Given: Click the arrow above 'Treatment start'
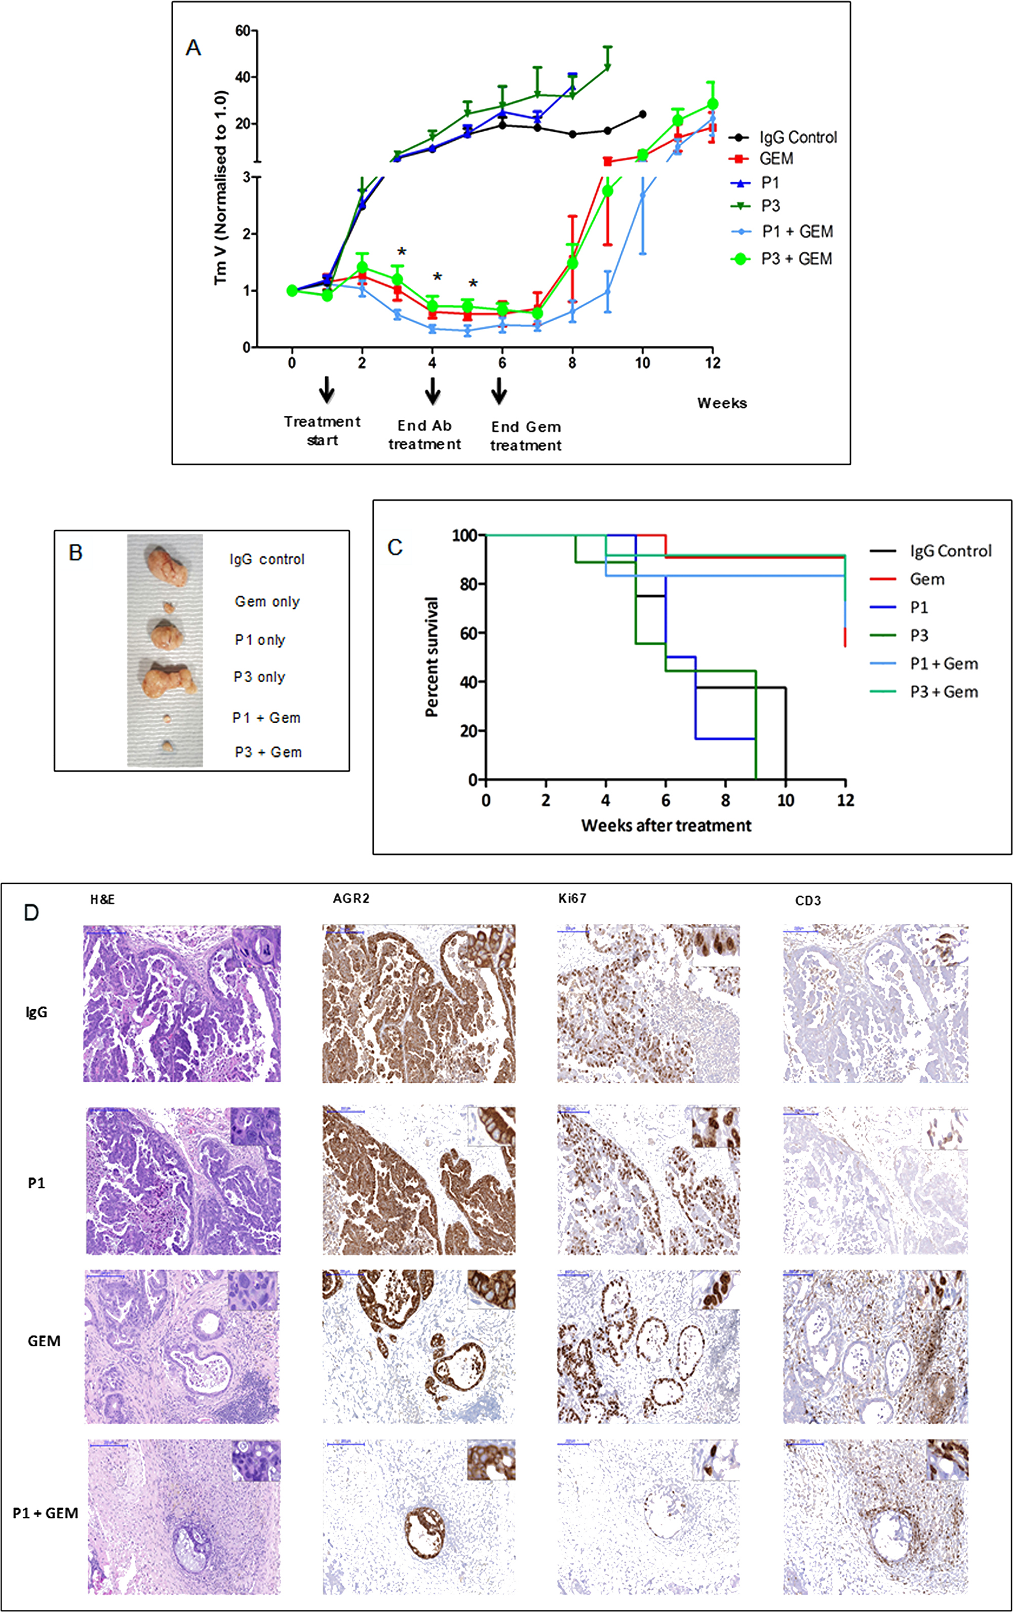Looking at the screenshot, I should point(326,389).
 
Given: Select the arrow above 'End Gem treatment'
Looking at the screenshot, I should point(499,391).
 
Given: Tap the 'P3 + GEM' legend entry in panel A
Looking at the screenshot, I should point(796,259).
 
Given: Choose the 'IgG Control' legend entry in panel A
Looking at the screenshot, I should point(797,137).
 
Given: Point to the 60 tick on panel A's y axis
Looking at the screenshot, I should point(243,31).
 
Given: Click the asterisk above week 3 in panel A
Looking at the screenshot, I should point(402,252).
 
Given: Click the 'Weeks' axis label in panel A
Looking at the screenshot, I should point(722,403).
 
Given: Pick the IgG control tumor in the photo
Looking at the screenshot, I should point(167,566).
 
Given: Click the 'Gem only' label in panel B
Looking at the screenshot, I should point(267,601).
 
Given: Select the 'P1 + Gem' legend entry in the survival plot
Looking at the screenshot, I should point(944,663).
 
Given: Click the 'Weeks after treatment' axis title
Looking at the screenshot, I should point(666,825).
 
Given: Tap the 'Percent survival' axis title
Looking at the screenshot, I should point(432,657).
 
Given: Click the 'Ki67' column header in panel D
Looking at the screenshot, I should point(572,898).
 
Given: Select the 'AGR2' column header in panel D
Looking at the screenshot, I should point(351,898).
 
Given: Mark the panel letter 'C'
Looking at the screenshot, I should point(395,547).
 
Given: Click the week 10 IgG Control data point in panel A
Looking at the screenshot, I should point(643,114).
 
